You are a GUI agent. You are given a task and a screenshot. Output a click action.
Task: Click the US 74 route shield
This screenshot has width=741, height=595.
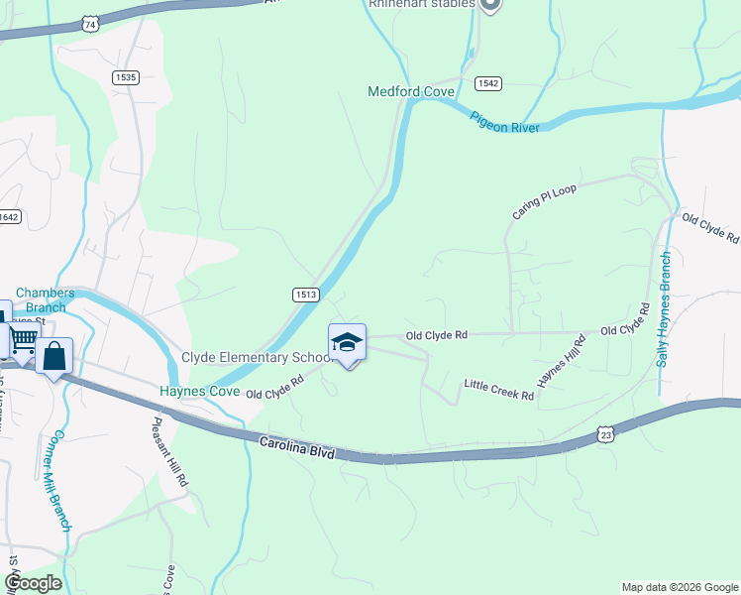pos(90,23)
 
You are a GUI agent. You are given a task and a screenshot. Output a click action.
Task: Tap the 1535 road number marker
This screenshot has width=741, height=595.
pos(126,77)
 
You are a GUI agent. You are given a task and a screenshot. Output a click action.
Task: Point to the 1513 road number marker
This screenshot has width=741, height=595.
pos(305,295)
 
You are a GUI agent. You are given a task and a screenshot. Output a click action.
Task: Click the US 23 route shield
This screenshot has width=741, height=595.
pos(604,434)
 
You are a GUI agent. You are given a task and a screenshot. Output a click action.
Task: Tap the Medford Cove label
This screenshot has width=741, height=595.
pos(411,92)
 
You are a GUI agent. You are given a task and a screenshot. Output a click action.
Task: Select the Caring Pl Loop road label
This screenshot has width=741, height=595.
pos(544,201)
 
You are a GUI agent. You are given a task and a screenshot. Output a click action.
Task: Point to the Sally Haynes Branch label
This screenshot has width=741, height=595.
pos(665,308)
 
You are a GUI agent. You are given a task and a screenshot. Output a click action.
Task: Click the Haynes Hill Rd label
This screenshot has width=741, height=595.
pos(561,361)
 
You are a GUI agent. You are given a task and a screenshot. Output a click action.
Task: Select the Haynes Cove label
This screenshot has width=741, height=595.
pos(200,392)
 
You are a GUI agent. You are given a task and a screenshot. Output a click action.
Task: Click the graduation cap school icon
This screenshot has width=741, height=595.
pos(347,343)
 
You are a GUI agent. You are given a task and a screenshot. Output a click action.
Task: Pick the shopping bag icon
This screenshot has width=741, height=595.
pos(53,355)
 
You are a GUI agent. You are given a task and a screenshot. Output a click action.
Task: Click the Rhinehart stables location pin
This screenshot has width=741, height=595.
pos(489,5)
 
